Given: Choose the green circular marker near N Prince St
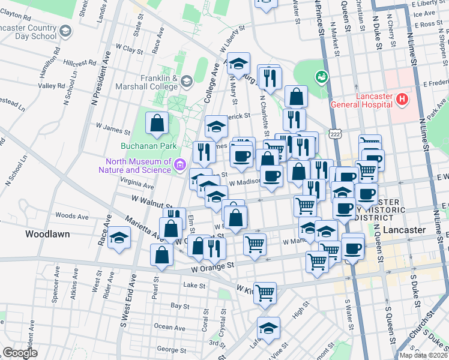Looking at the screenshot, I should pos(322,77).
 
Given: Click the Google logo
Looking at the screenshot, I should pos(20,352).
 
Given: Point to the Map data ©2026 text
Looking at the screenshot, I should pos(423,355).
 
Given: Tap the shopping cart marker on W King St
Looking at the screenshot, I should pos(265,293).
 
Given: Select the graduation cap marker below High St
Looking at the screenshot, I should pos(268,327).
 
